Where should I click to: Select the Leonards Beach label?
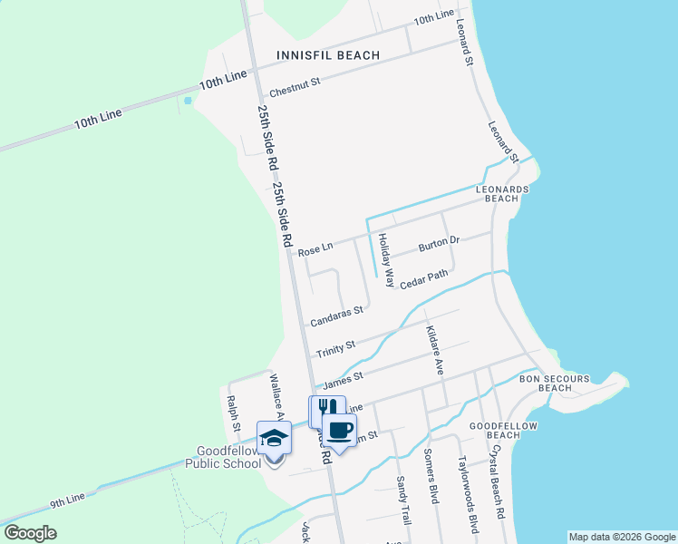[501, 193]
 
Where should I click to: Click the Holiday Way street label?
[386, 260]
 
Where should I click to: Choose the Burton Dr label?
[440, 244]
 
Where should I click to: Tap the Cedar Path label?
[424, 278]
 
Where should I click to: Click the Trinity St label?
[335, 345]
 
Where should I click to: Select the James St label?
[344, 376]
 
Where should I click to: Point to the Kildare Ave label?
[433, 351]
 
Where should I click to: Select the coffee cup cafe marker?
[339, 430]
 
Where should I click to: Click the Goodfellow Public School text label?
[223, 456]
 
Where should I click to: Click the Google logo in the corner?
[30, 533]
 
